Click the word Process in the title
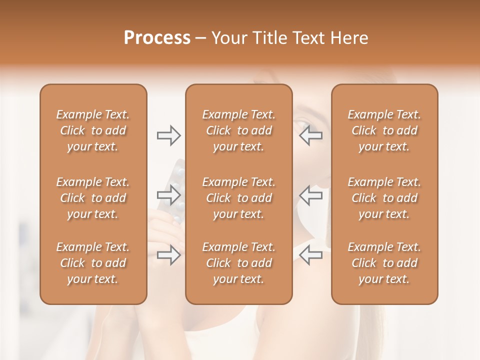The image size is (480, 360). coord(157,38)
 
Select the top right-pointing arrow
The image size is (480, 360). coord(168,135)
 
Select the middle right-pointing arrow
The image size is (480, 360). coord(168,195)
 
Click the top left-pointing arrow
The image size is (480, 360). coord(311,135)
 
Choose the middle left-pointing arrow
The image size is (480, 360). coord(311,195)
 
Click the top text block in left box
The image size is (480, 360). coord(93,130)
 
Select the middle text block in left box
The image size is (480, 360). coord(93,198)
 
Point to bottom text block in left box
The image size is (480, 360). coord(93,263)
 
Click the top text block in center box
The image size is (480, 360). coord(238,130)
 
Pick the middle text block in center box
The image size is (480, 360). coord(238,198)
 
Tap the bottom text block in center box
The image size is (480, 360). coord(238,263)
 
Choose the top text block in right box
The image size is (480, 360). coord(384,130)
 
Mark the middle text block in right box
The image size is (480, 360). coord(384,198)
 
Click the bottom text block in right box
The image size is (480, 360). coord(384,263)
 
